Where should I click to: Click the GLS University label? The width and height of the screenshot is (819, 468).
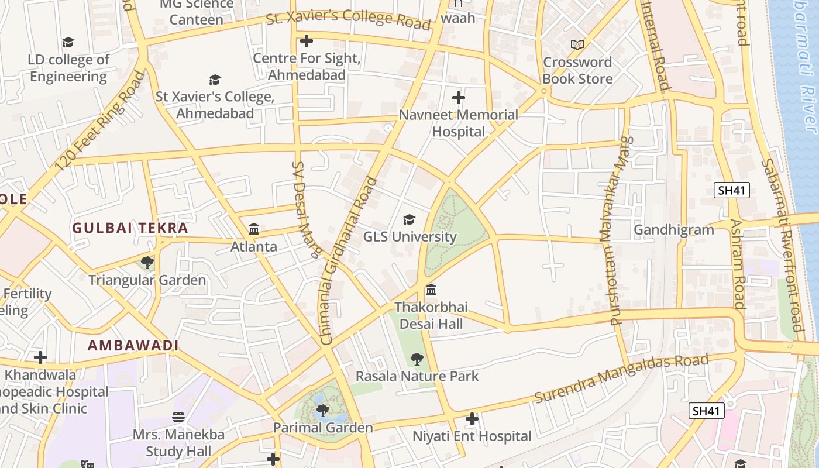(x=409, y=237)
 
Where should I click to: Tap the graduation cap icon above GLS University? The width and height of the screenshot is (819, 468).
(x=409, y=220)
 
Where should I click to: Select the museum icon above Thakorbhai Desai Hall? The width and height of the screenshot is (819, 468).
(x=431, y=290)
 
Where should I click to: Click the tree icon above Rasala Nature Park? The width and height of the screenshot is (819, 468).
(x=417, y=359)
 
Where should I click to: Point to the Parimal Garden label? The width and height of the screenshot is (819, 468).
(x=323, y=428)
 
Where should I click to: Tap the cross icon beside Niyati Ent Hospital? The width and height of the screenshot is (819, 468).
(x=472, y=419)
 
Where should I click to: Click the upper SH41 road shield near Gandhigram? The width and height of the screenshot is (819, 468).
(x=731, y=190)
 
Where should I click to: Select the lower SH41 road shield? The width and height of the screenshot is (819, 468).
(x=706, y=411)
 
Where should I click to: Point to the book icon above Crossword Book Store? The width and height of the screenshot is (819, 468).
(x=577, y=44)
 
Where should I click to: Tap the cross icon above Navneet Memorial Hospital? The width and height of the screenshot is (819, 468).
(x=459, y=97)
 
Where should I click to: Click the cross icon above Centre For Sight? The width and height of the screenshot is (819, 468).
(x=306, y=41)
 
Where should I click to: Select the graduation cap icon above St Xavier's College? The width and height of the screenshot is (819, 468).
(x=215, y=80)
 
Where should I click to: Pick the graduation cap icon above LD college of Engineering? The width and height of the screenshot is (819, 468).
(x=68, y=42)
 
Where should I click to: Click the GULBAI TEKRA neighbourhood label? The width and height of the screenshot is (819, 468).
(x=130, y=228)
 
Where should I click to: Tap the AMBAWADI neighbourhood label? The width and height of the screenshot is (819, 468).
(x=133, y=345)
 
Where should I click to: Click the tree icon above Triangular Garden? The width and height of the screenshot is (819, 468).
(x=147, y=263)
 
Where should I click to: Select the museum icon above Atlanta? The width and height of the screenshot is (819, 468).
(x=254, y=229)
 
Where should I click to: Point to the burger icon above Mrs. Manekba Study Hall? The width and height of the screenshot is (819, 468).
(x=178, y=417)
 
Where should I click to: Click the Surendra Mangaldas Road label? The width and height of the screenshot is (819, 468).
(x=621, y=377)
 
